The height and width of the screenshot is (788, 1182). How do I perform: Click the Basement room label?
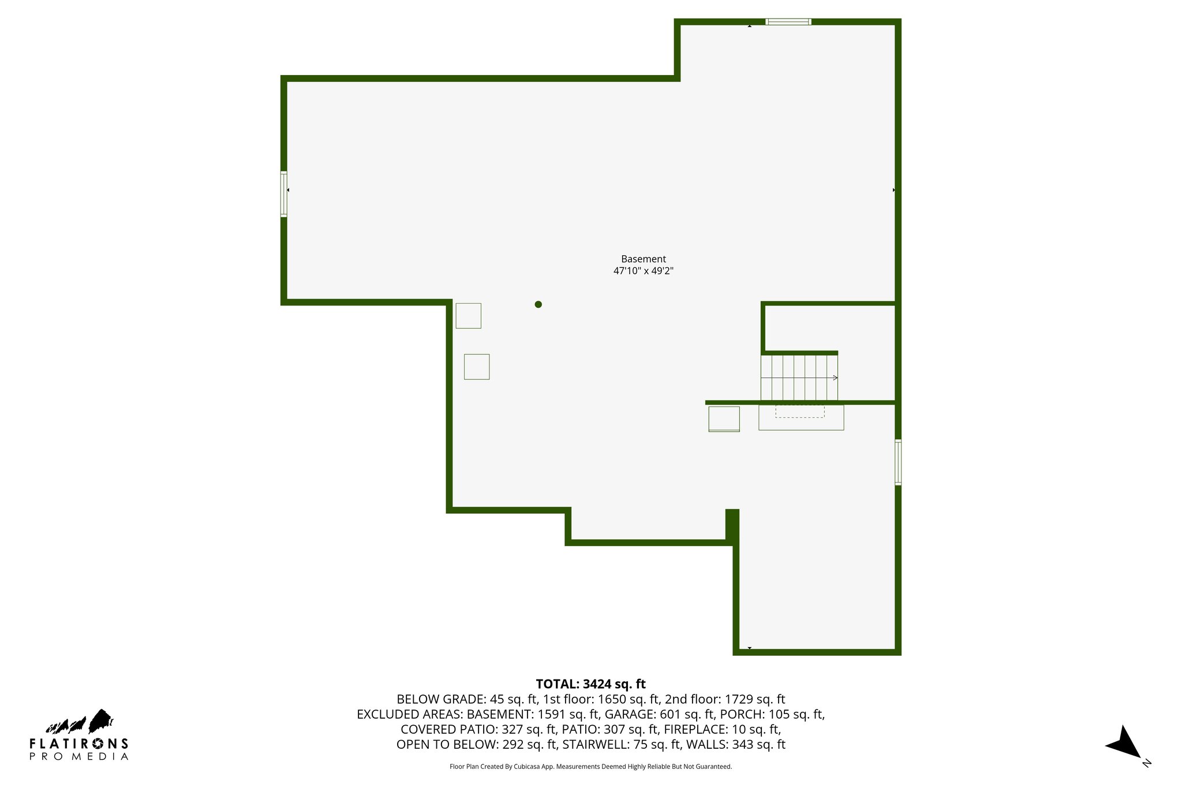point(643,259)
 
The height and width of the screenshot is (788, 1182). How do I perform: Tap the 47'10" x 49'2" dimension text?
point(643,271)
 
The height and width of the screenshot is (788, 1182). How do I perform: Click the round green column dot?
point(538,304)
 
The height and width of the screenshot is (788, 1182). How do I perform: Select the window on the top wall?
point(788,22)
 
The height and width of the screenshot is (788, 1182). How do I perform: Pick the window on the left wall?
point(284,194)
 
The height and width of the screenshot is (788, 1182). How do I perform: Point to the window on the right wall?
point(898,462)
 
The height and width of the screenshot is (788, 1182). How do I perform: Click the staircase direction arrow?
point(834,378)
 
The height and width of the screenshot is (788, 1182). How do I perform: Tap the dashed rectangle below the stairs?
point(799,411)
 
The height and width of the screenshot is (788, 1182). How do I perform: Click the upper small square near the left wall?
point(468,316)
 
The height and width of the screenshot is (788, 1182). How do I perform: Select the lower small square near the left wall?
point(477,367)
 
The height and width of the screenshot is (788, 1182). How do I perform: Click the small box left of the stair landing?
point(724,419)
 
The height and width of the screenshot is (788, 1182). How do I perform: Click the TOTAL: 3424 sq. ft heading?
point(590,684)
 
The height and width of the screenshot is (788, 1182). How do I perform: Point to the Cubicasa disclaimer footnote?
point(590,767)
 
